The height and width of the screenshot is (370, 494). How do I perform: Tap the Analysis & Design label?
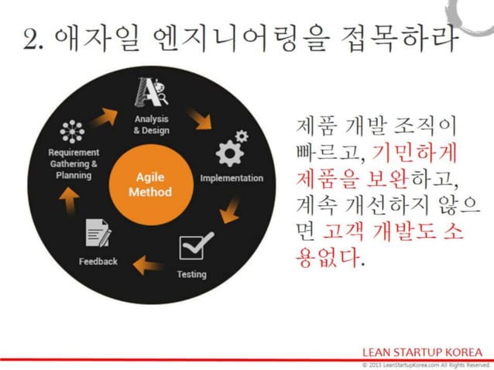click(x=150, y=125)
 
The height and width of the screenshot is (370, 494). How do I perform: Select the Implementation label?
click(x=232, y=178)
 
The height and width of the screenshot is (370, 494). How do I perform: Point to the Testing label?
click(x=191, y=274)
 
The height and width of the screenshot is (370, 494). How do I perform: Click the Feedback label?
click(x=98, y=262)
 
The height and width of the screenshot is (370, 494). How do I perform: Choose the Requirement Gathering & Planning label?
click(x=73, y=164)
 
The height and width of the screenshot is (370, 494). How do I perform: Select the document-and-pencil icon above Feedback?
click(x=98, y=233)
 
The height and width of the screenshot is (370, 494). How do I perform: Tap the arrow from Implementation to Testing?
click(x=229, y=211)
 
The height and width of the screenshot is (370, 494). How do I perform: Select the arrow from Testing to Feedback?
click(x=147, y=267)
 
